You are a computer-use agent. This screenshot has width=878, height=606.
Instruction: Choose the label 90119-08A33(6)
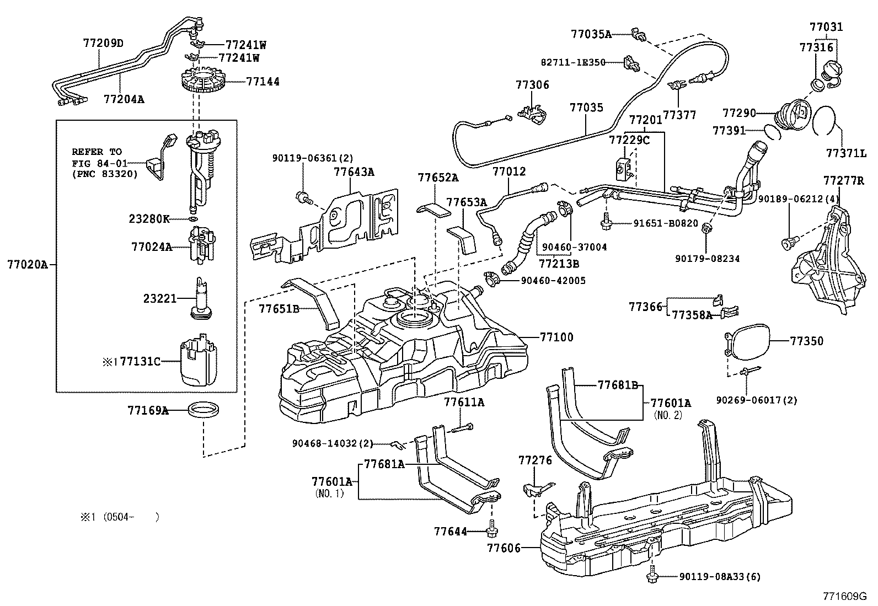(x=719, y=577)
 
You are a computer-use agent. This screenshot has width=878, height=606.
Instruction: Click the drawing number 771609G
(x=844, y=596)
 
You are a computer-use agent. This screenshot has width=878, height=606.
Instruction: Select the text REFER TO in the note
(x=97, y=152)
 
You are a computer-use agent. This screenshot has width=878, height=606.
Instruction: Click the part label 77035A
(x=591, y=34)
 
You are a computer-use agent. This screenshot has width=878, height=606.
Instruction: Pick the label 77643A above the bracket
(x=354, y=172)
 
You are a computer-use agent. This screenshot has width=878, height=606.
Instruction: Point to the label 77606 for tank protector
(x=504, y=548)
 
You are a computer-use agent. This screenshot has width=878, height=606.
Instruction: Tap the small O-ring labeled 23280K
(x=192, y=219)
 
